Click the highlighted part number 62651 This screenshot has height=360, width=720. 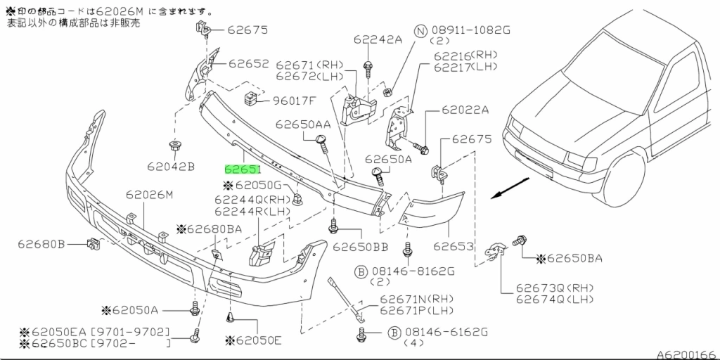pyautogui.click(x=243, y=169)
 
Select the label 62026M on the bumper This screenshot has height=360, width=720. pyautogui.click(x=149, y=195)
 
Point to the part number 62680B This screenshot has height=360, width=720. pyautogui.click(x=41, y=244)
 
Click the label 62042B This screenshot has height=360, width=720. pyautogui.click(x=171, y=167)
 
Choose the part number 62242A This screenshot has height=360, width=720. pyautogui.click(x=378, y=40)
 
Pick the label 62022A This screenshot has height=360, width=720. pyautogui.click(x=465, y=110)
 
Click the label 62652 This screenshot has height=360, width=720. pyautogui.click(x=247, y=63)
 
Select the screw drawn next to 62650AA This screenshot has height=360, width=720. pyautogui.click(x=323, y=146)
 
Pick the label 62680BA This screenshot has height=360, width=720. pyautogui.click(x=214, y=229)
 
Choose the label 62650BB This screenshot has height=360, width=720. pyautogui.click(x=361, y=247)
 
